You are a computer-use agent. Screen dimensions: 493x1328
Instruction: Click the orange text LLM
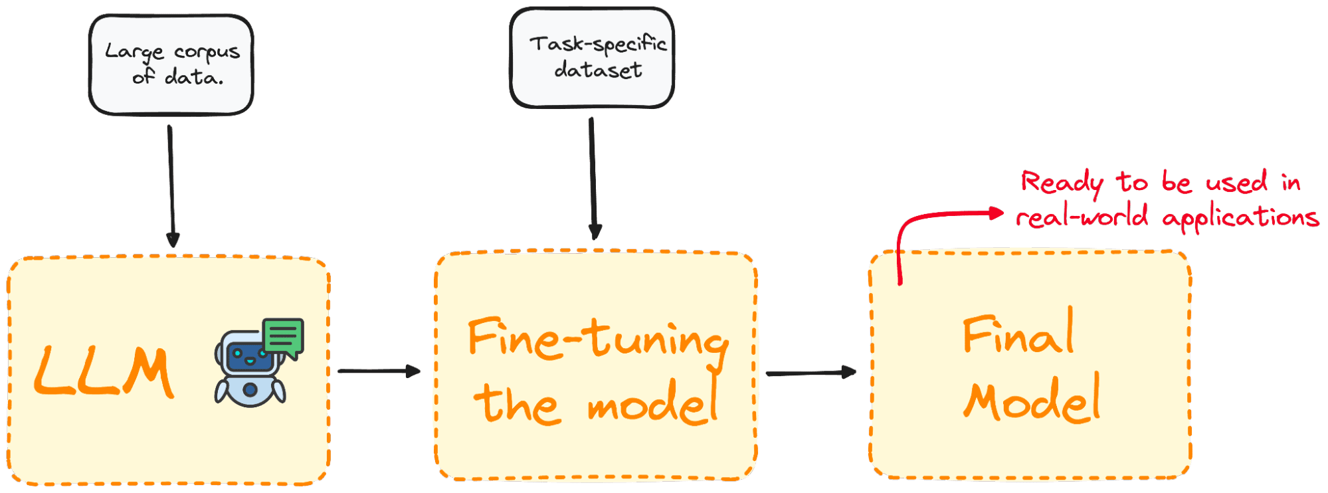(104, 372)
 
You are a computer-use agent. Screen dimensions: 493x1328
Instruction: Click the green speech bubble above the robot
(284, 338)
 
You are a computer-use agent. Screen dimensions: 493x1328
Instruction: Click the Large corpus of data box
(171, 64)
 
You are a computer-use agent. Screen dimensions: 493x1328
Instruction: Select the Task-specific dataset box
(592, 57)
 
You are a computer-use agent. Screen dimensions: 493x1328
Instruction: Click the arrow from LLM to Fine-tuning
(379, 371)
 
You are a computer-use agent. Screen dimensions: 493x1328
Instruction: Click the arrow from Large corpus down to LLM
(171, 186)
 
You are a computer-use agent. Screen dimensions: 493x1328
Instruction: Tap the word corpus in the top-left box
(207, 52)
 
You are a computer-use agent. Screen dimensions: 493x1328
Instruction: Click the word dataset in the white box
(598, 70)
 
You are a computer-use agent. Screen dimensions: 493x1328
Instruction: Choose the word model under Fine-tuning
(653, 403)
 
